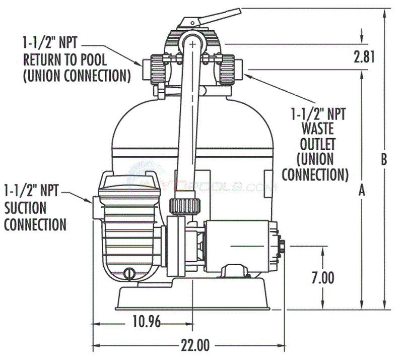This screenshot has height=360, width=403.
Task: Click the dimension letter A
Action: click(361, 190)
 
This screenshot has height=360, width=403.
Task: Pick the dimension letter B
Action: click(384, 159)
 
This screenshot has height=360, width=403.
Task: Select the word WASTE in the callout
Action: click(318, 128)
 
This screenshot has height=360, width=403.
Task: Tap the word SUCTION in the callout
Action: click(25, 207)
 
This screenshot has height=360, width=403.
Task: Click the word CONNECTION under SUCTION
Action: click(35, 224)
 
